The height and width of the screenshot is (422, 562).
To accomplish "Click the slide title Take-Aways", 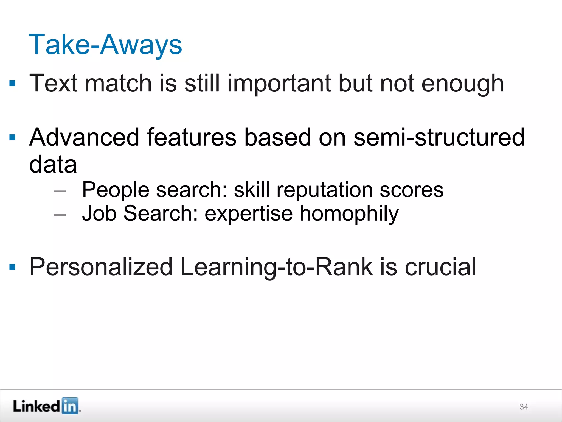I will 105,45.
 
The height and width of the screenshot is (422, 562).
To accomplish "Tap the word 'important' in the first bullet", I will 279,84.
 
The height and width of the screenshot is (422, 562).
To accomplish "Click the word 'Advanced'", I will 84,137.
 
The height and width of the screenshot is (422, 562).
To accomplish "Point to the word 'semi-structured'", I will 439,137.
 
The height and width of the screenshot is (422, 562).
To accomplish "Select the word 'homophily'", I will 349,214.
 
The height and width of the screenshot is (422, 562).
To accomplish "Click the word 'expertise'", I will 249,214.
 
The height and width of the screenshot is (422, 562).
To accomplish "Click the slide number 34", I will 524,407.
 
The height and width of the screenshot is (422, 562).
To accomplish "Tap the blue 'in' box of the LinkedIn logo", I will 70,406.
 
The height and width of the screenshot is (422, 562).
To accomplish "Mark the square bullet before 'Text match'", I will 12,83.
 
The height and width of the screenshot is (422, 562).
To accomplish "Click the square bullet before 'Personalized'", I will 12,267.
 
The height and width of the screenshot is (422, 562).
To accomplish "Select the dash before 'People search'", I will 60,191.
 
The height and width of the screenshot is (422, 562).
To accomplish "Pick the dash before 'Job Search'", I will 60,215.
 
